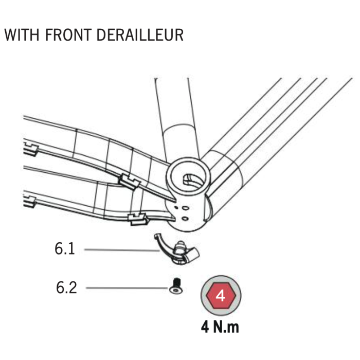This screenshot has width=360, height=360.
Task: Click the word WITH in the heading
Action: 22,35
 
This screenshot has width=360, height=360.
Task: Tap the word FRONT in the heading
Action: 68,35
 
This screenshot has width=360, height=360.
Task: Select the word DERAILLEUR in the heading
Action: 140,35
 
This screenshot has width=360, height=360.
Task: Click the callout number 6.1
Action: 65,248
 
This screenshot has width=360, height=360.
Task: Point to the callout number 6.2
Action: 66,287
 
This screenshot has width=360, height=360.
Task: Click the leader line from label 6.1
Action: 122,250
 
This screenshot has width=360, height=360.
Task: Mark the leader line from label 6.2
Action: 127,287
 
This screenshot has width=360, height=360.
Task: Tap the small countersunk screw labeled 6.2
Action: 176,286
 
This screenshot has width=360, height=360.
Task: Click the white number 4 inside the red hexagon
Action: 221,296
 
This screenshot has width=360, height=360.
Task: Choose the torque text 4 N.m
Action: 220,327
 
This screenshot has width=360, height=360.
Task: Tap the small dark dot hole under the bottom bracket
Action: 176,207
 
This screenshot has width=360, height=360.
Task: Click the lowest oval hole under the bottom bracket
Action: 185,219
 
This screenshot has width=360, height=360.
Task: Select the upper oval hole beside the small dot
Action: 185,208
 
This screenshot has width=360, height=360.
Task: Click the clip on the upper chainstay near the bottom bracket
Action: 129,181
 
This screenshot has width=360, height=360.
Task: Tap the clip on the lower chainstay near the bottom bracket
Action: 138,219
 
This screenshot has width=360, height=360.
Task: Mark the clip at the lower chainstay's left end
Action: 30,202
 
